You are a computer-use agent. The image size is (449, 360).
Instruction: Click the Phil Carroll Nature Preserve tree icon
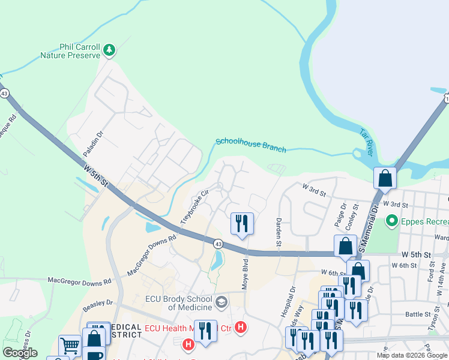(109, 50)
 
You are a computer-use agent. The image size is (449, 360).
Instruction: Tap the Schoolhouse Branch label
(250, 145)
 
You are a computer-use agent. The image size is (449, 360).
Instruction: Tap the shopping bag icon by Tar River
(385, 178)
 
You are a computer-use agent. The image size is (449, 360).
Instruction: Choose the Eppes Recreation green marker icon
(393, 221)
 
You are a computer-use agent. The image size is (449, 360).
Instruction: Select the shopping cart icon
(70, 346)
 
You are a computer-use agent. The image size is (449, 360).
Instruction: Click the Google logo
(20, 353)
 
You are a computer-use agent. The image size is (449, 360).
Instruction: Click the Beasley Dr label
(94, 306)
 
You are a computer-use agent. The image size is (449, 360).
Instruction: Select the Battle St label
(415, 314)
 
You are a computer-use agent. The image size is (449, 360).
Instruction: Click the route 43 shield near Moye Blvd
(218, 244)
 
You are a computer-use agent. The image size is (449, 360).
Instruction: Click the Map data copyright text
(412, 355)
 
